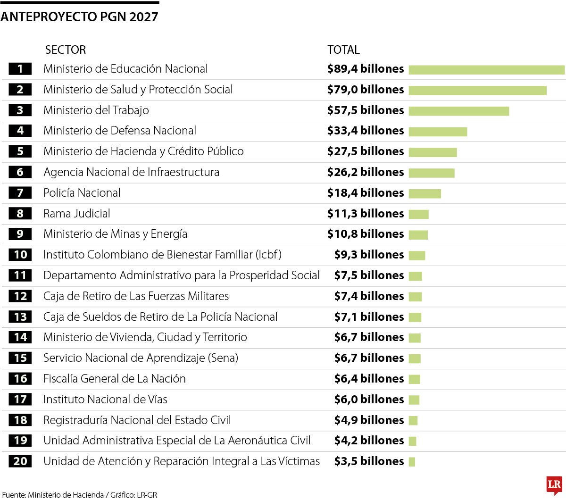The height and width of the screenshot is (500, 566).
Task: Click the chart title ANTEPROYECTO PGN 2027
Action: pos(79,17)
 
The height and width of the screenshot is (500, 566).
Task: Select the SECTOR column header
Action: pos(65,50)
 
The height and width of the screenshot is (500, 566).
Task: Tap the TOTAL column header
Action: pos(343,50)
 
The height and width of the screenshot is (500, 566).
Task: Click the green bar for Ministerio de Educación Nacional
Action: pos(486,69)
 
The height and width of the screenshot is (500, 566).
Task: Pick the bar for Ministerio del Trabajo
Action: pos(458,111)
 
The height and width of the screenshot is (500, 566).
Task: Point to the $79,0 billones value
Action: pos(366,90)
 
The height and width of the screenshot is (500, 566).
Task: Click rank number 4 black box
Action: pos(20,131)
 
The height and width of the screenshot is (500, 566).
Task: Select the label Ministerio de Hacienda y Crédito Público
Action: pos(143,151)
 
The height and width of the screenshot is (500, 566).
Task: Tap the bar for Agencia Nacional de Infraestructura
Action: pos(431,173)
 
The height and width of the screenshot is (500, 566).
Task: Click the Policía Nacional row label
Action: pos(82,193)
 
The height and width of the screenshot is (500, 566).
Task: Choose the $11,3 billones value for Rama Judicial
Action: pos(366,214)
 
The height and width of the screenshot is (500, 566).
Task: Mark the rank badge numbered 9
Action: pos(20,234)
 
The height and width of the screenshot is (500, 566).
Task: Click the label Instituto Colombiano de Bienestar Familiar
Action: pos(162,255)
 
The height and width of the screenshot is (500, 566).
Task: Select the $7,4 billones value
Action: pos(369,296)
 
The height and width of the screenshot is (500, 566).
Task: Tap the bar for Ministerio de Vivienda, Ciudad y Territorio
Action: pos(414,338)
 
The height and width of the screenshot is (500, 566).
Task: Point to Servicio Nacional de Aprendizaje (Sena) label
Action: pos(141,358)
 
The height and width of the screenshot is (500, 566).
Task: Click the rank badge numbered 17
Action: pos(20,400)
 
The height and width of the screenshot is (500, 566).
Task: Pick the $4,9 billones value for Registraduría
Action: pos(369,420)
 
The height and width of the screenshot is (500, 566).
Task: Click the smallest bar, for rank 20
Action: pos(412,462)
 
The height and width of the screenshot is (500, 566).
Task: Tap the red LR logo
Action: pos(554,485)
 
